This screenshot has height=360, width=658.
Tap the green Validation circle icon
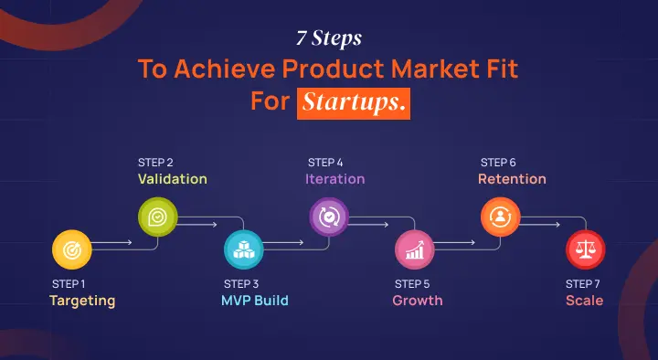point(156,217)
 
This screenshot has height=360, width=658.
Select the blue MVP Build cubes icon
point(243,247)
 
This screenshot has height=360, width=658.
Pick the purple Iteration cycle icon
point(328,217)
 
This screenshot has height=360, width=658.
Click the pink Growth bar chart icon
point(413,247)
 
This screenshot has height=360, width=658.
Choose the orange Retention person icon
point(500,217)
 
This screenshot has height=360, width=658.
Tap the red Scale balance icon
point(584,247)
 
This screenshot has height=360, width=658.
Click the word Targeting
point(82,300)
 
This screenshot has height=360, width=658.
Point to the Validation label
point(173,179)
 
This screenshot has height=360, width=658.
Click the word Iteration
point(335,179)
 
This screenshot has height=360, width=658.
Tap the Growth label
point(418,300)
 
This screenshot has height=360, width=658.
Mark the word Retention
point(512,179)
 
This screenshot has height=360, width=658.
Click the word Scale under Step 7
point(584,300)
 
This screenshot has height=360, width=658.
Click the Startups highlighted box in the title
point(353,101)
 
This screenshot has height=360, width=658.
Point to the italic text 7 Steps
point(329,40)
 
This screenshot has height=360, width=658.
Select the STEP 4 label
point(325,162)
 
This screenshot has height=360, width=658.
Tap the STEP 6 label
point(498,162)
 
